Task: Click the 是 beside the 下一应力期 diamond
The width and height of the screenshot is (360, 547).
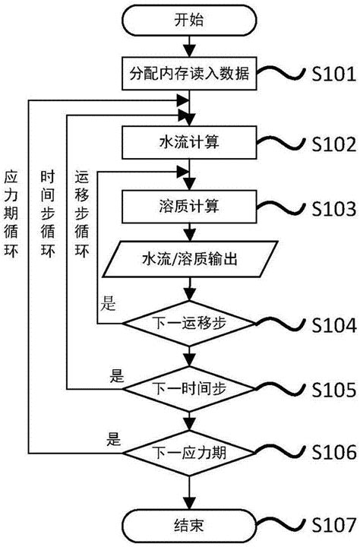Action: click(114, 438)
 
